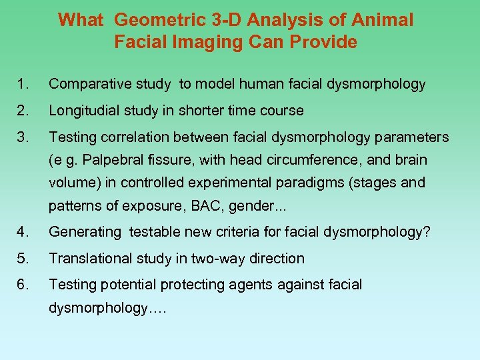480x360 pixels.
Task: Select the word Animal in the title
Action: [385, 20]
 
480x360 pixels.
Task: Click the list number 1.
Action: [23, 84]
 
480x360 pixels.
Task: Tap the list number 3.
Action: [23, 137]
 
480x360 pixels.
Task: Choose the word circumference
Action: [316, 160]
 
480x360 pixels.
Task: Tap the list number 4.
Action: [23, 232]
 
